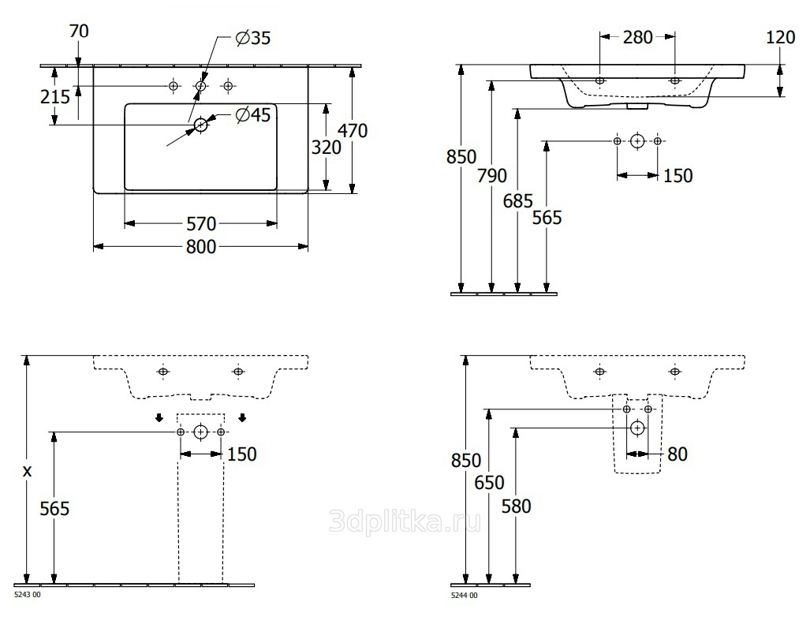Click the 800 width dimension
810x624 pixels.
click(x=201, y=247)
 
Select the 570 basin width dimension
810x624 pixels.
click(x=201, y=224)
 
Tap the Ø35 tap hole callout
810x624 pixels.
click(x=252, y=38)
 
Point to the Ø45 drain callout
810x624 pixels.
click(x=252, y=114)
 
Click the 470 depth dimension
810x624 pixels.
click(x=353, y=131)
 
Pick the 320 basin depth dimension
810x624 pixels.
click(x=327, y=148)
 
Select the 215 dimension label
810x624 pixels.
click(x=55, y=96)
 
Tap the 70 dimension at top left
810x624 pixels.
click(x=79, y=32)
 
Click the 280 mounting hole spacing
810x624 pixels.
click(x=638, y=37)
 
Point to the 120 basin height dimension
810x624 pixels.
click(x=781, y=37)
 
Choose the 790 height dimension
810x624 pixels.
click(x=492, y=176)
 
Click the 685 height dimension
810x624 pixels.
click(x=517, y=201)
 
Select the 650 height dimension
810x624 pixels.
click(x=489, y=483)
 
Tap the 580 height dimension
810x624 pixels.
click(x=516, y=506)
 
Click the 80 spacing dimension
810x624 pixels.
click(x=677, y=454)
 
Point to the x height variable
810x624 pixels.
click(x=28, y=471)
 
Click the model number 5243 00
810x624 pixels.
click(x=28, y=595)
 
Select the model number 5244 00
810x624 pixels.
click(x=465, y=595)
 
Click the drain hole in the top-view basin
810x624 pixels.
click(x=200, y=125)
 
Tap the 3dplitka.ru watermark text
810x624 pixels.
click(x=405, y=521)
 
